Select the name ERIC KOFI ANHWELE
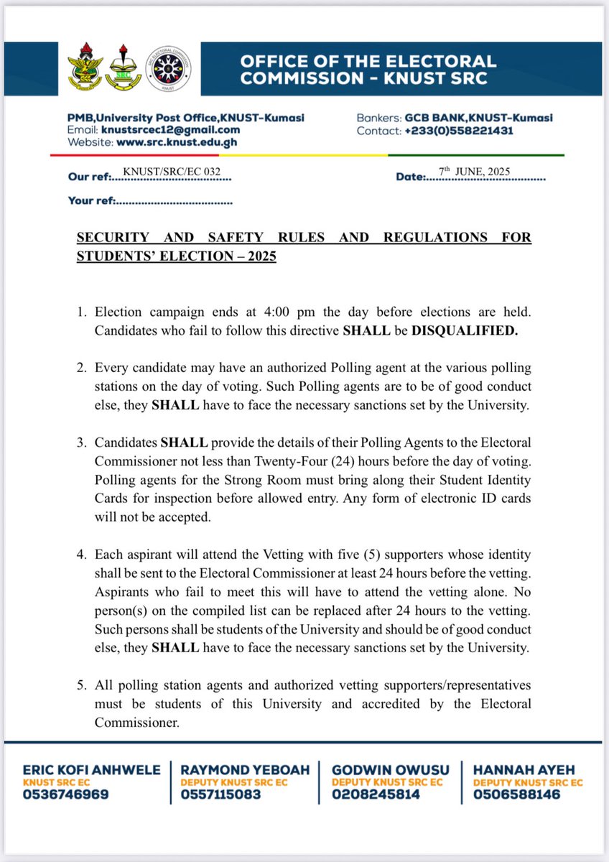coord(91,769)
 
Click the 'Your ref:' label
coord(90,200)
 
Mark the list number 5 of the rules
coord(81,685)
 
